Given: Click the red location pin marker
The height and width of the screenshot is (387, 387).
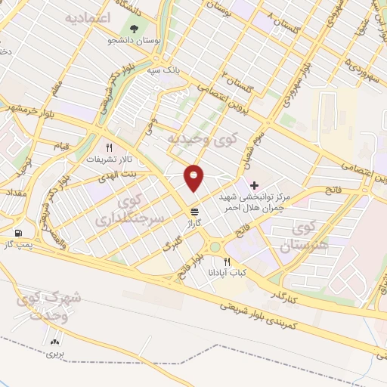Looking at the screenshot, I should click(195, 177).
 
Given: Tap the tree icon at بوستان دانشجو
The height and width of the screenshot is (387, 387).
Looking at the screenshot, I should click(135, 29).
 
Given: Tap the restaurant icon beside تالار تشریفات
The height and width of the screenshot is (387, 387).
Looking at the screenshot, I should click(110, 148).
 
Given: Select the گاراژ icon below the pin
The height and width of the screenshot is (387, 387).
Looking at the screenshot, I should click(195, 211).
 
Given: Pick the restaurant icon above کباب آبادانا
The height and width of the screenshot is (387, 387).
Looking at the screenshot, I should click(227, 261).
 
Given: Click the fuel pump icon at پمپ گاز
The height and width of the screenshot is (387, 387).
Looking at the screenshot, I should click(17, 233).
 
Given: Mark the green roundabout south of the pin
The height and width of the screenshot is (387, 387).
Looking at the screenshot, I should click(215, 246).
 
